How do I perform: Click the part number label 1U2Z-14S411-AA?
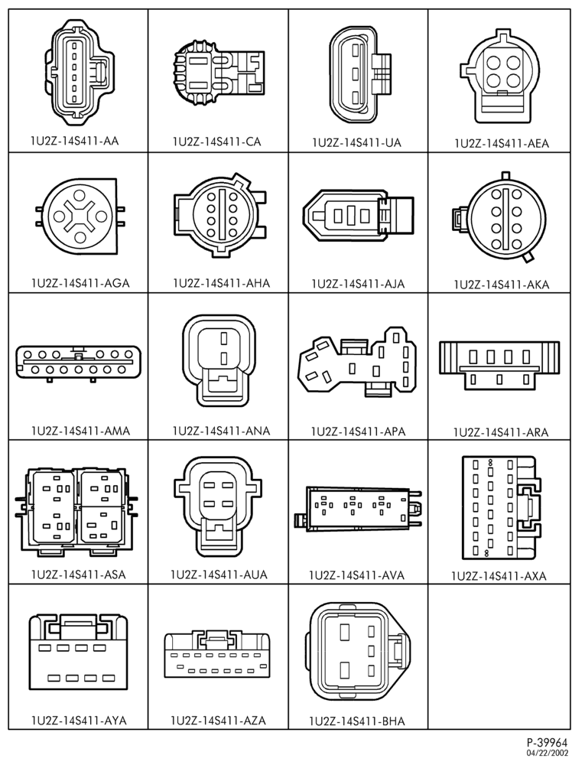tap(75, 141)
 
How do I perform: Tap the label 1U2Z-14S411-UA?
tap(357, 142)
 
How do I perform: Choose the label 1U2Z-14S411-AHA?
tap(222, 283)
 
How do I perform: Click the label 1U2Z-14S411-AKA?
tap(502, 285)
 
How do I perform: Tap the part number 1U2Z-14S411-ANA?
tap(221, 431)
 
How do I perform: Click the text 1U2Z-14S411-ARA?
tap(501, 432)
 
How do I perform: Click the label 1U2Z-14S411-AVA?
tap(357, 575)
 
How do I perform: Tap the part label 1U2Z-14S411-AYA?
tap(79, 720)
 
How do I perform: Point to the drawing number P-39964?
tap(547, 744)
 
